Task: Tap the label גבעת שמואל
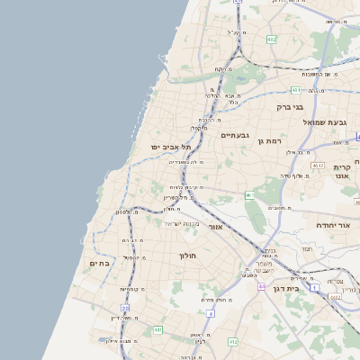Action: (325, 121)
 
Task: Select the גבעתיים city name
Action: (235, 135)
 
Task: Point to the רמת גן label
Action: (270, 140)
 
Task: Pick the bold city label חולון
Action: (187, 256)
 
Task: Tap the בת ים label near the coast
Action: (99, 263)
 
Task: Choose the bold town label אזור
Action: (215, 227)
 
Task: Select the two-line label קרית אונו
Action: (341, 172)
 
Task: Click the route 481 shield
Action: (296, 90)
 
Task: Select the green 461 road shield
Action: (249, 195)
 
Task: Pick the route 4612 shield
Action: (317, 166)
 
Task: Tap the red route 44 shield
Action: (261, 286)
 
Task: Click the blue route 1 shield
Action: (210, 313)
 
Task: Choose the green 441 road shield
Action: (157, 330)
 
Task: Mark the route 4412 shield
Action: (233, 341)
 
